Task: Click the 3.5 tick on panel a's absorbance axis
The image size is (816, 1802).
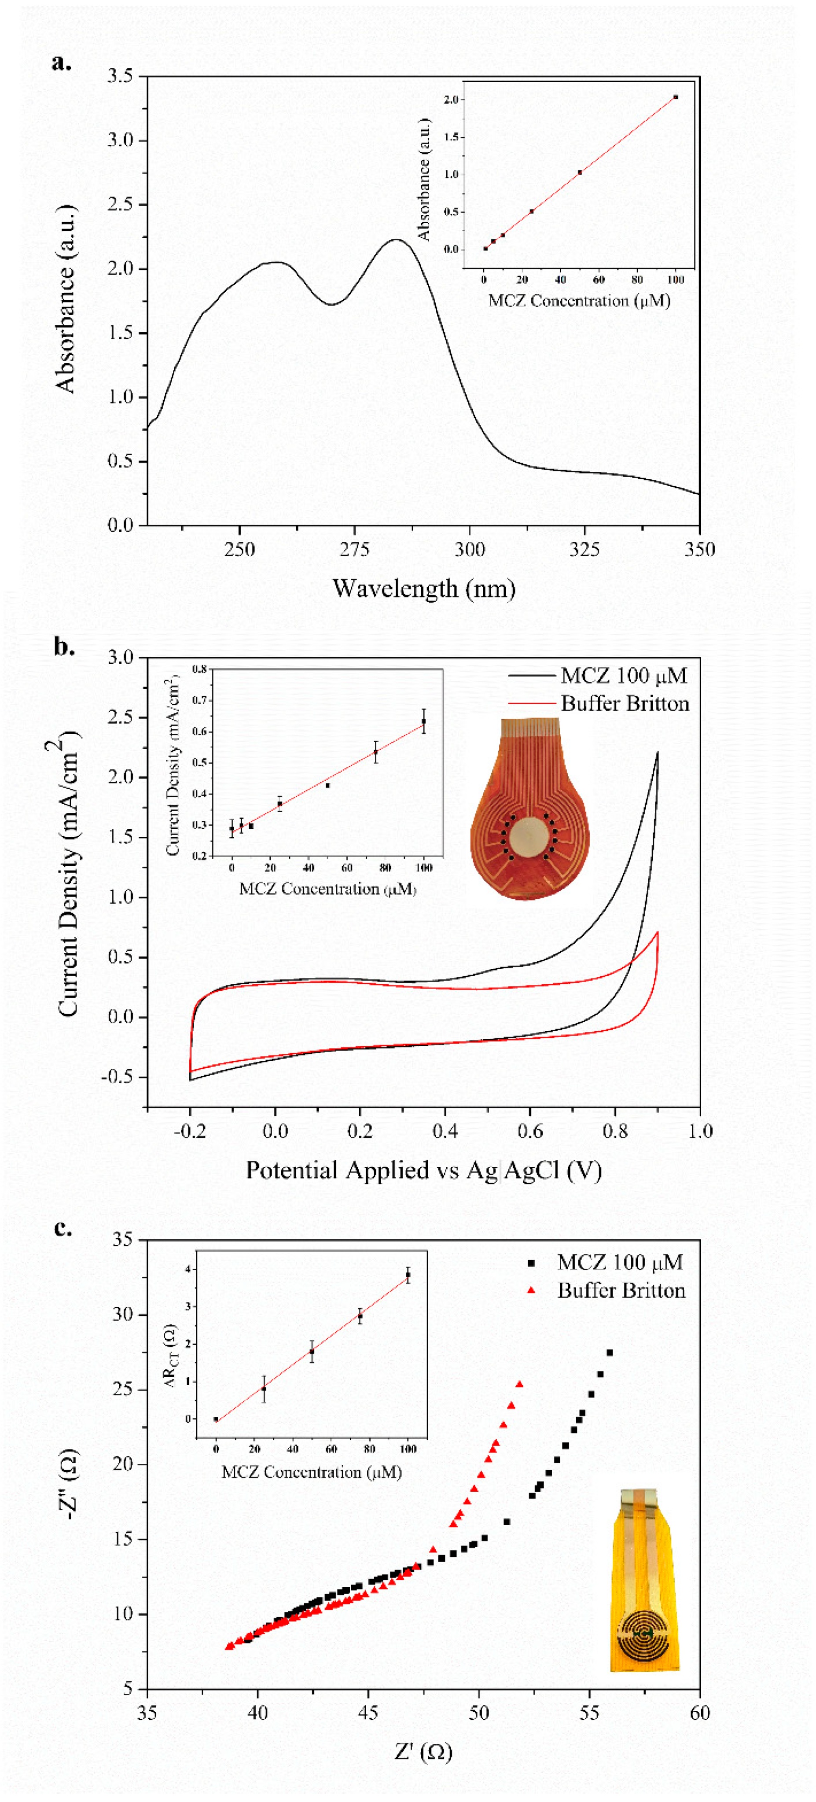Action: (x=120, y=76)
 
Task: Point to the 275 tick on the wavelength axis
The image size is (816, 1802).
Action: (x=354, y=549)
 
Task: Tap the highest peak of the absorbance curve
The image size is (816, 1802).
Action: (x=397, y=239)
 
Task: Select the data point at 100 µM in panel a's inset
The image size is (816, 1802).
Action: (x=676, y=97)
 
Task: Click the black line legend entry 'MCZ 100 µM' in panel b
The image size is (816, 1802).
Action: (x=598, y=676)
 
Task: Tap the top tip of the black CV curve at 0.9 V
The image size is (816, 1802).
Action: (x=657, y=753)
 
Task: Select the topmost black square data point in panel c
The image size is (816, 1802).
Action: (x=609, y=1353)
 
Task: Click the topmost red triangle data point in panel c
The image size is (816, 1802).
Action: (x=519, y=1384)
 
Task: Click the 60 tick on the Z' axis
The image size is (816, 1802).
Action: (x=699, y=1713)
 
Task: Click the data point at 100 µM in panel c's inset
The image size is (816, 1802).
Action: (x=408, y=1275)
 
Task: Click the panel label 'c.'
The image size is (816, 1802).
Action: (x=63, y=1228)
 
